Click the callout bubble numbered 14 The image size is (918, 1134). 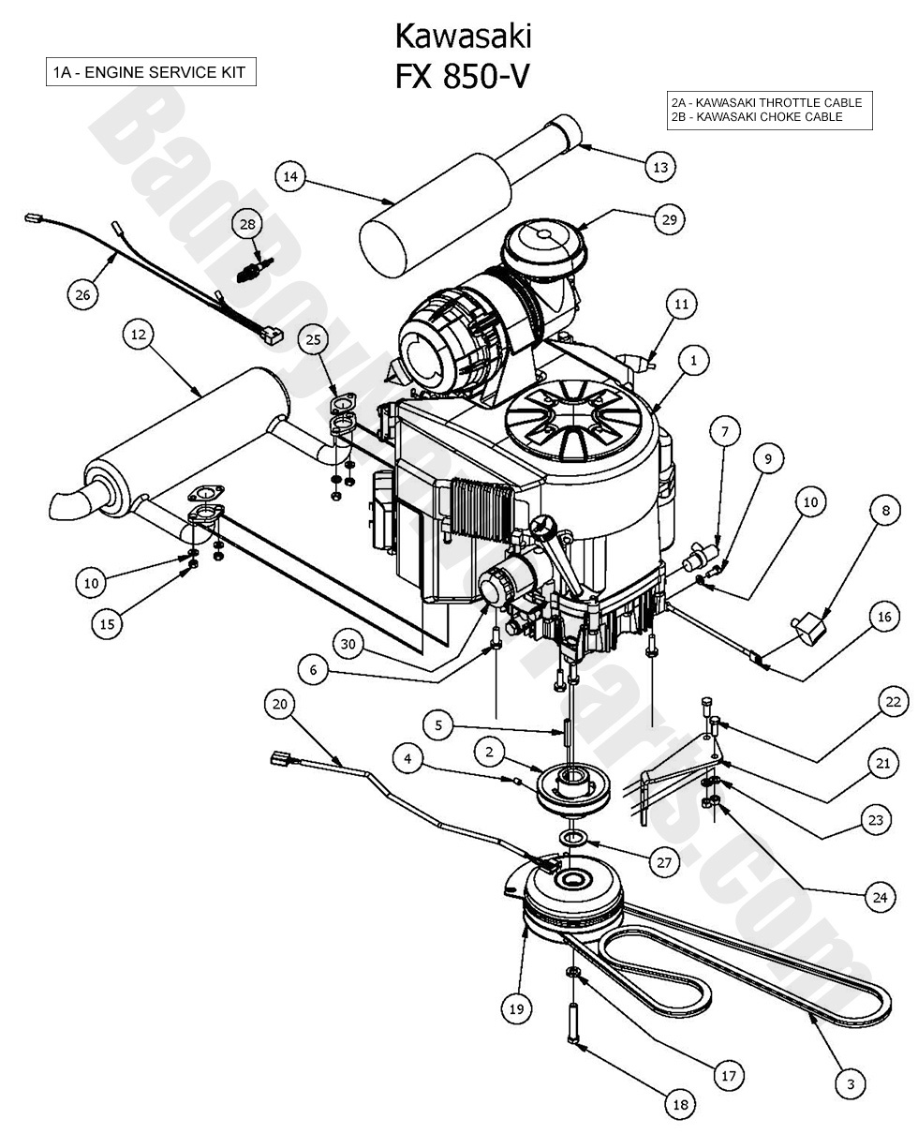point(290,176)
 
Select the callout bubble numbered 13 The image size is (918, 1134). point(660,167)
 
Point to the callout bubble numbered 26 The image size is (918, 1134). point(82,294)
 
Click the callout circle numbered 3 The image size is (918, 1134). point(851,1084)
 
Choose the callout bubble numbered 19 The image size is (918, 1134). point(516,1008)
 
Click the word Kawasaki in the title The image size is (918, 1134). point(463,36)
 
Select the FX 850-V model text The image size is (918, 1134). point(463,76)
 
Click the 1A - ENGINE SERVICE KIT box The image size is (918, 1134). point(151,72)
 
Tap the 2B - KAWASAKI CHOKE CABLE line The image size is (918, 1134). point(756,117)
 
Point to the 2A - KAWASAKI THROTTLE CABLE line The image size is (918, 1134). point(765,102)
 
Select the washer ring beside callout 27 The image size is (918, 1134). point(573,834)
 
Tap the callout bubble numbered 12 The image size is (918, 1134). point(139,335)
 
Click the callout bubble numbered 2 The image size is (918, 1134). point(489,752)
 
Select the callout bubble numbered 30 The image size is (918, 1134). point(349,644)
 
